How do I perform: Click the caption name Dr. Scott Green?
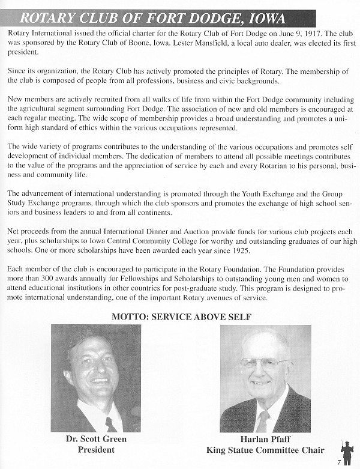(x=96, y=439)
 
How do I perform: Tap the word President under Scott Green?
(x=96, y=449)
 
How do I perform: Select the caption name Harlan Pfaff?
(x=265, y=439)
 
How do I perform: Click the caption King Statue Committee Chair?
(x=265, y=449)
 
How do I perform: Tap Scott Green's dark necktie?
(x=110, y=424)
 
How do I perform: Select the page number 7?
(x=339, y=462)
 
